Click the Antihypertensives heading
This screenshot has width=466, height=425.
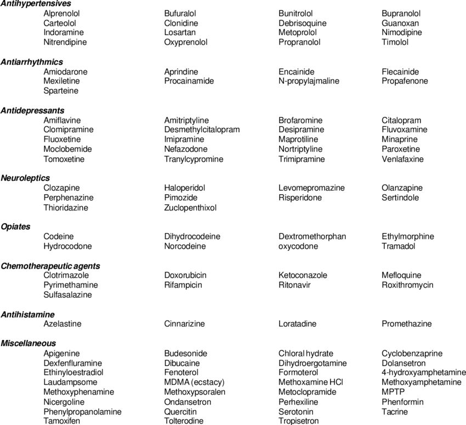point(36,4)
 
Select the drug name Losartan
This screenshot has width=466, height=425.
point(179,32)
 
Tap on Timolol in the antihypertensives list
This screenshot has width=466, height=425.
point(395,42)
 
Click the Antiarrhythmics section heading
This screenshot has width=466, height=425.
point(32,62)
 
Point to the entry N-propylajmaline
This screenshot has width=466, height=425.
point(309,81)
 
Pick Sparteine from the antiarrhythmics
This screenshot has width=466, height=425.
point(61,90)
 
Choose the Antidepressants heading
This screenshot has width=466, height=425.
point(32,110)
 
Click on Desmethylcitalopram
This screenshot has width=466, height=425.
point(202,130)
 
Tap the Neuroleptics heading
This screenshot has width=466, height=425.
point(25,178)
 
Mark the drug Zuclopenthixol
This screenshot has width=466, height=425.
point(190,208)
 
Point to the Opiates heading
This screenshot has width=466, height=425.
point(15,226)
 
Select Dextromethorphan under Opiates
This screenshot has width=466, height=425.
point(312,237)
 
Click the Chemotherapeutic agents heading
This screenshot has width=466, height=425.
point(50,266)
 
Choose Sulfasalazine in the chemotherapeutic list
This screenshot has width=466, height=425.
point(67,294)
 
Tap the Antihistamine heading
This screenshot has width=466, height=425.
point(27,314)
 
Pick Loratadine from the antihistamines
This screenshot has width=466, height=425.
point(297,324)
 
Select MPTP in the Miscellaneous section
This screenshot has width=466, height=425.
point(393,392)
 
